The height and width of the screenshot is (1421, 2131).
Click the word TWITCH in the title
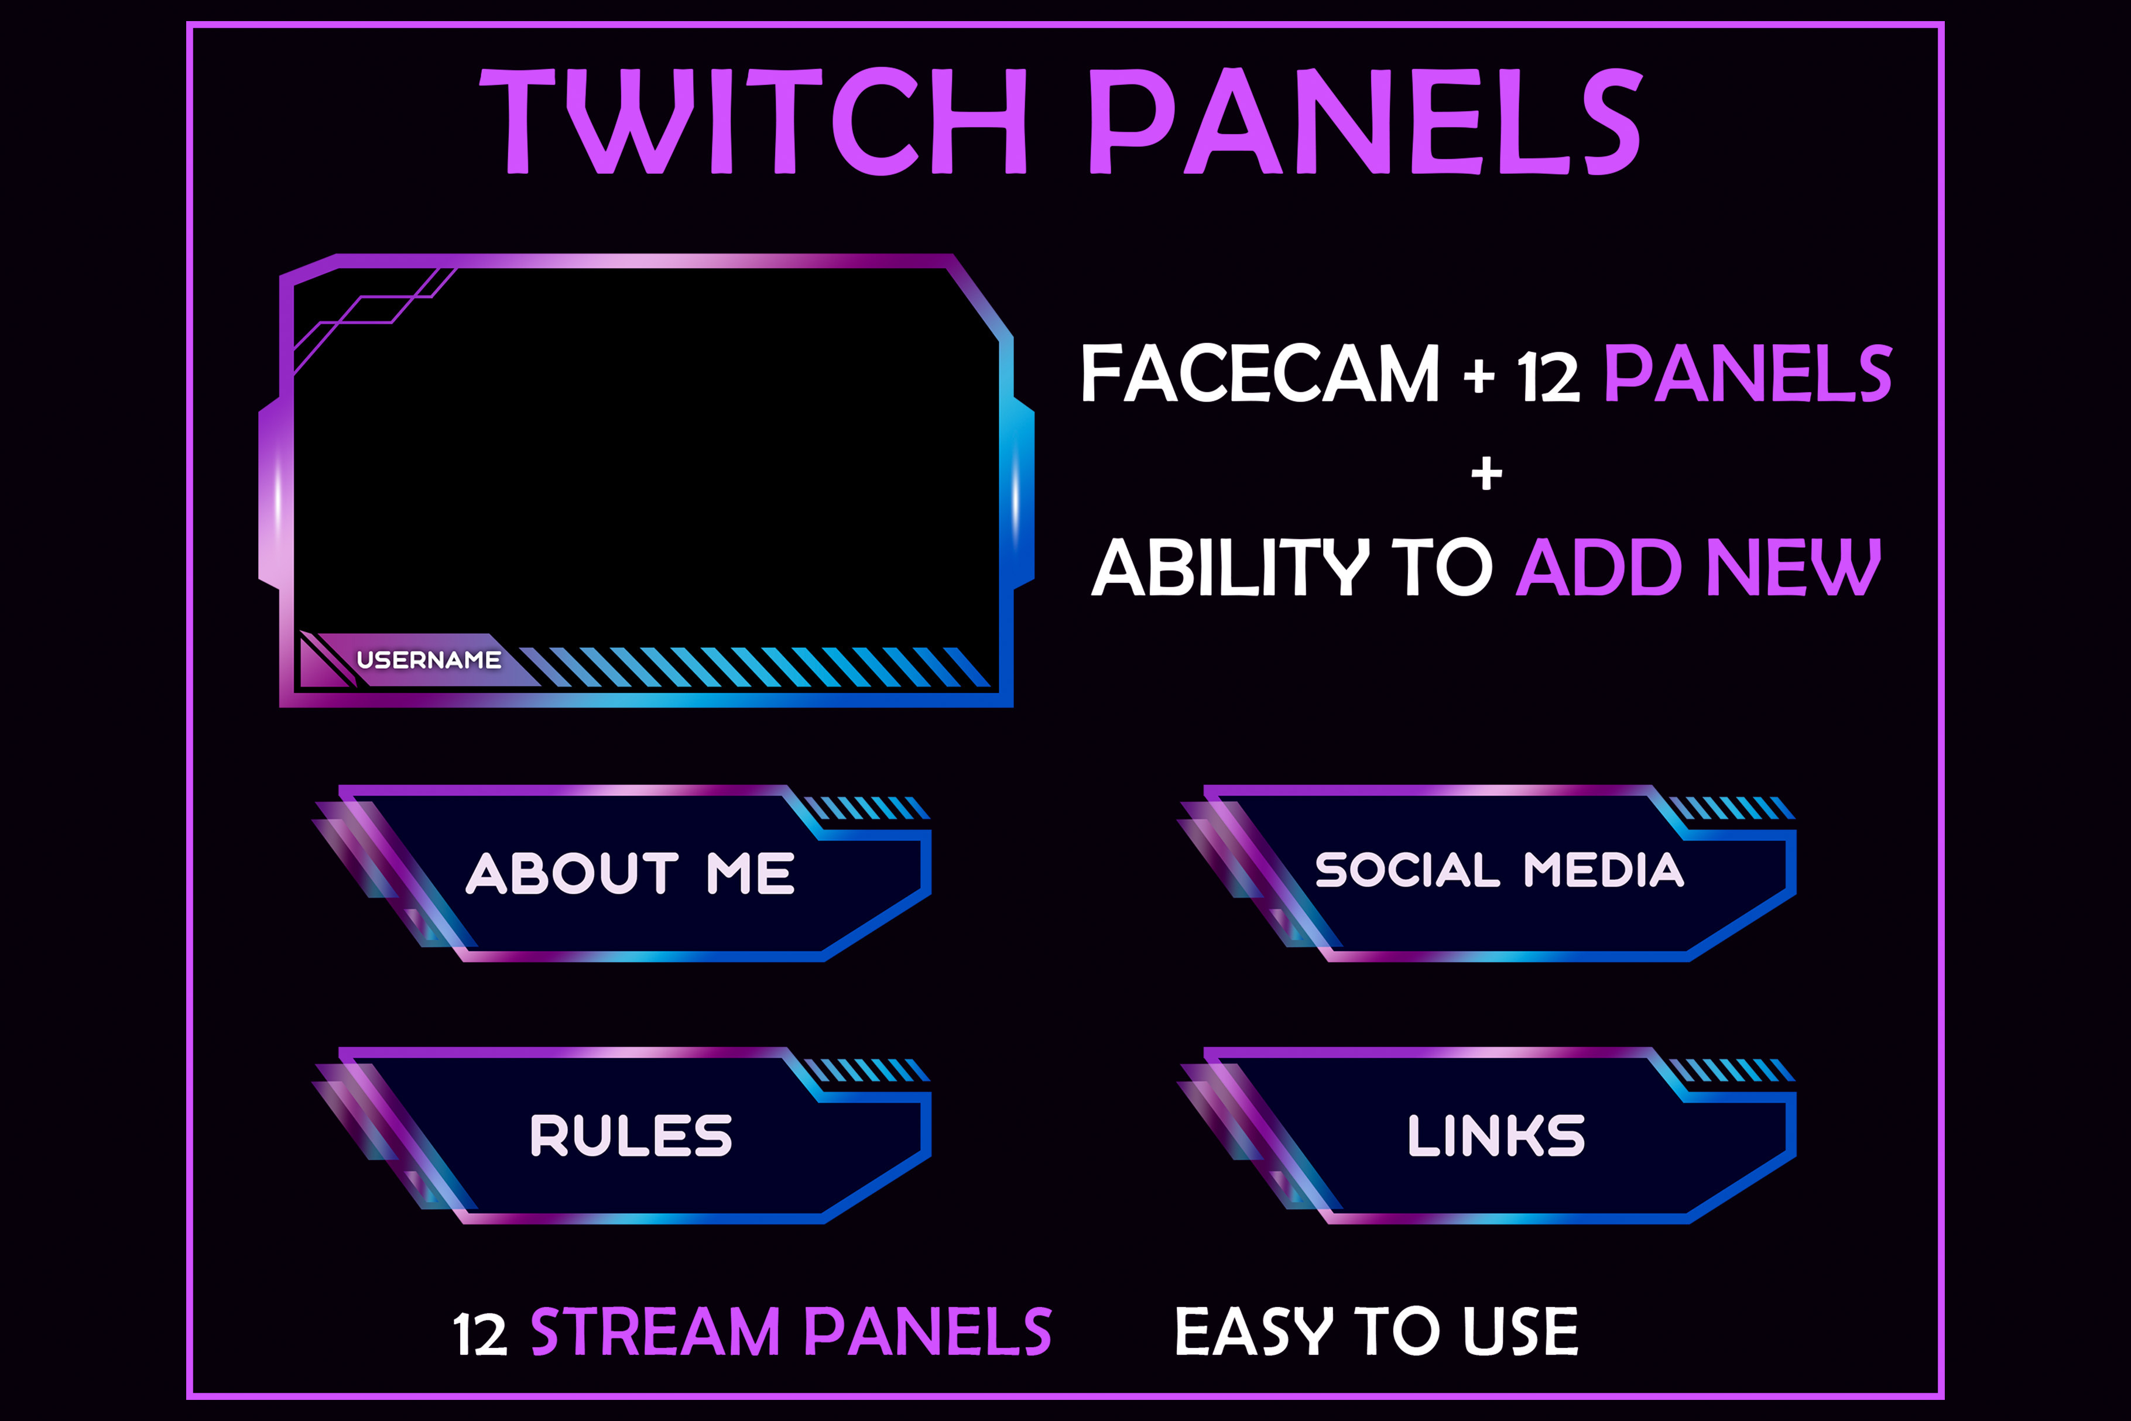754,121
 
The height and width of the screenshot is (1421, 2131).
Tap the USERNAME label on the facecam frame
429,660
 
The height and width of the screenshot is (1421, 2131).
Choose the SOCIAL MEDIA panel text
1499,870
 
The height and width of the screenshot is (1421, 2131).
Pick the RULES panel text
631,1135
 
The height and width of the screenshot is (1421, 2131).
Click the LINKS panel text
1496,1135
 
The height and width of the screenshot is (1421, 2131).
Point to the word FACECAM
1260,373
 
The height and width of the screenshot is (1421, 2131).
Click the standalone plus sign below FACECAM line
1486,473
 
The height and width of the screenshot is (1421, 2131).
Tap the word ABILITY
1230,567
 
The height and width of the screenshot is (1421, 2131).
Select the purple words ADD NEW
1698,567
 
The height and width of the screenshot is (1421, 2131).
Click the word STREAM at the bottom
655,1331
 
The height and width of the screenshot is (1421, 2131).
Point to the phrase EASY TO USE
1376,1331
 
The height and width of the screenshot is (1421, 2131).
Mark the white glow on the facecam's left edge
278,499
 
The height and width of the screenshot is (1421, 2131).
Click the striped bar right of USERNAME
755,667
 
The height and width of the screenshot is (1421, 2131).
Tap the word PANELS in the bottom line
928,1331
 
